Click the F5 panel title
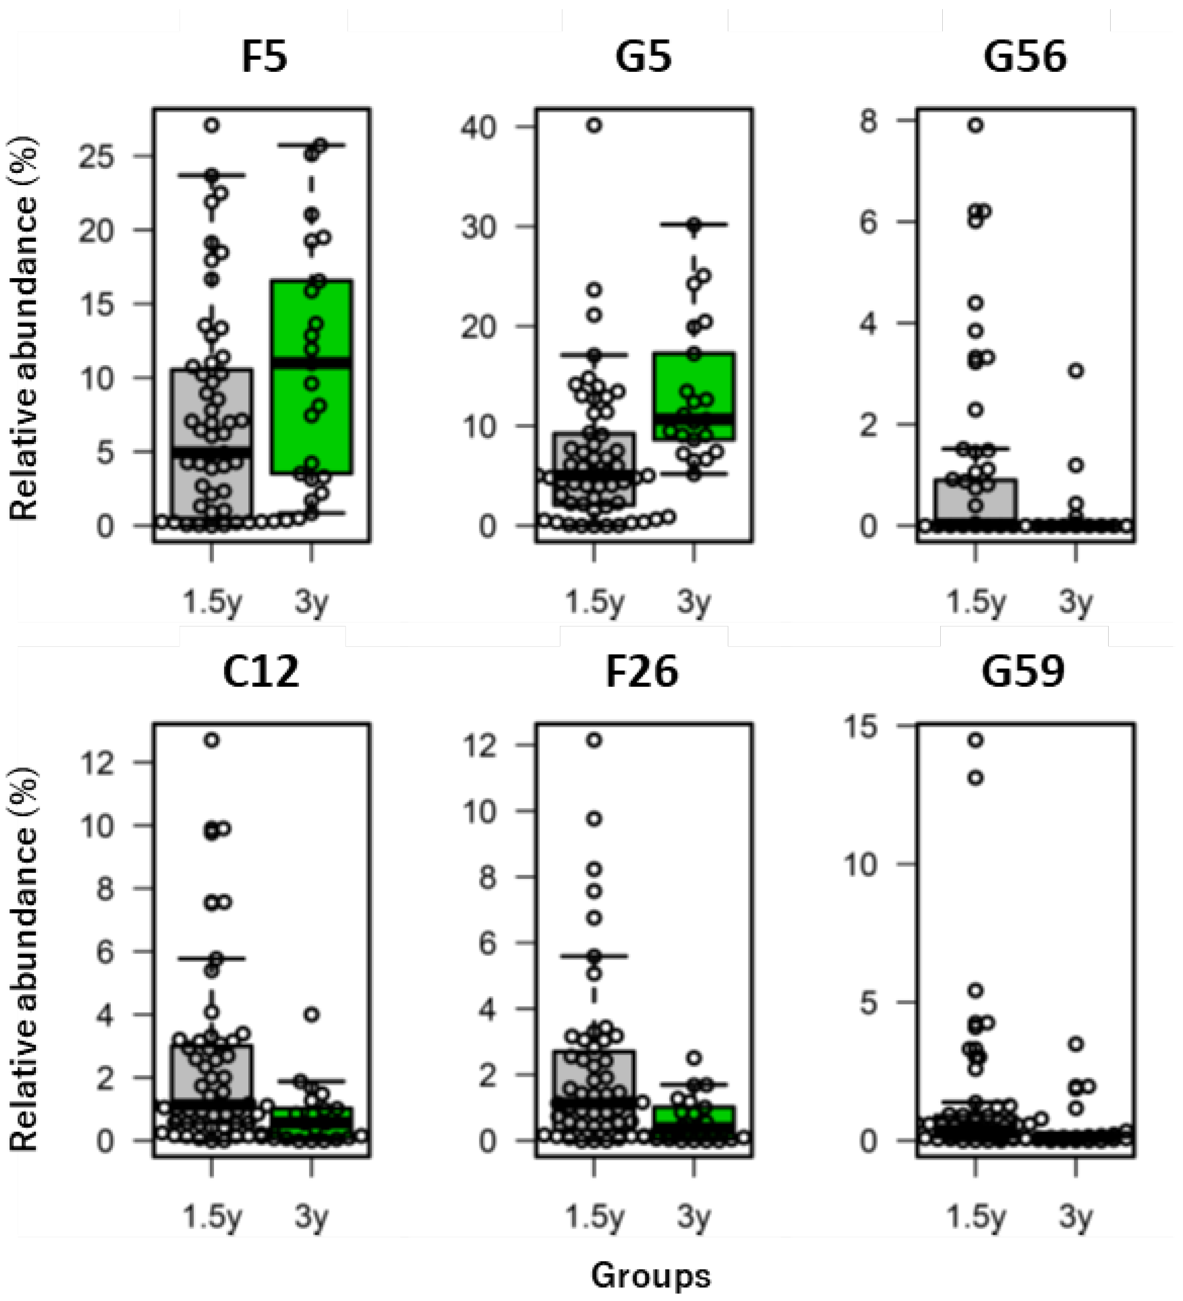tap(264, 58)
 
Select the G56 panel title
tap(1024, 58)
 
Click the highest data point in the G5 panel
tap(594, 125)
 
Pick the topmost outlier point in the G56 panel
tap(975, 125)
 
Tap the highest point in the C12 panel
tap(212, 740)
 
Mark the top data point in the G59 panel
tap(975, 740)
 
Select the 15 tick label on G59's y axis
tap(862, 727)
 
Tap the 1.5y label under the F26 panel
tap(594, 1217)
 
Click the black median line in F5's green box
tap(312, 362)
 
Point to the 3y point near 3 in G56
tap(1075, 371)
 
